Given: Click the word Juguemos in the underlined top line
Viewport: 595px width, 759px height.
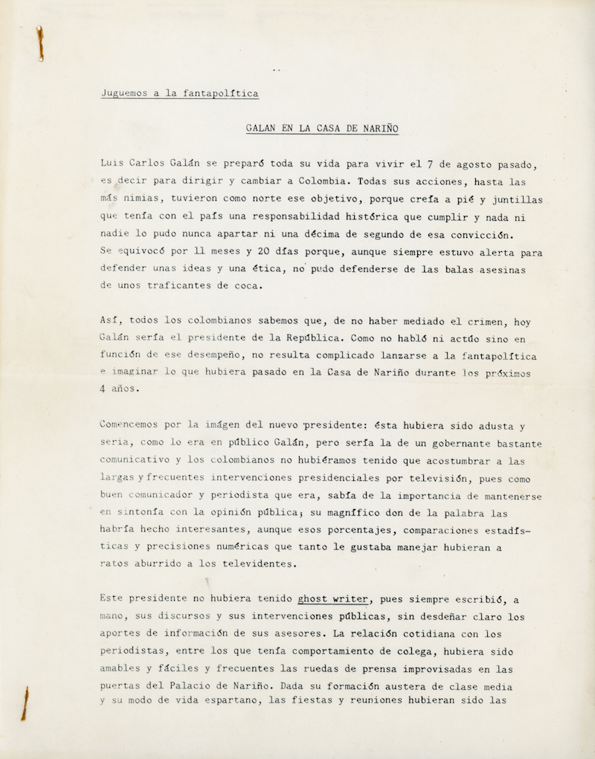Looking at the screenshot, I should [123, 94].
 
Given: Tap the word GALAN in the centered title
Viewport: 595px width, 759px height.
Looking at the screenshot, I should [264, 129].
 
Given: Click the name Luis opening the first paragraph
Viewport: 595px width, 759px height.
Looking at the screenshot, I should [112, 164].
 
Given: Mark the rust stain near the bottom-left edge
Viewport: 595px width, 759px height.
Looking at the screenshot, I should [26, 703].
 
